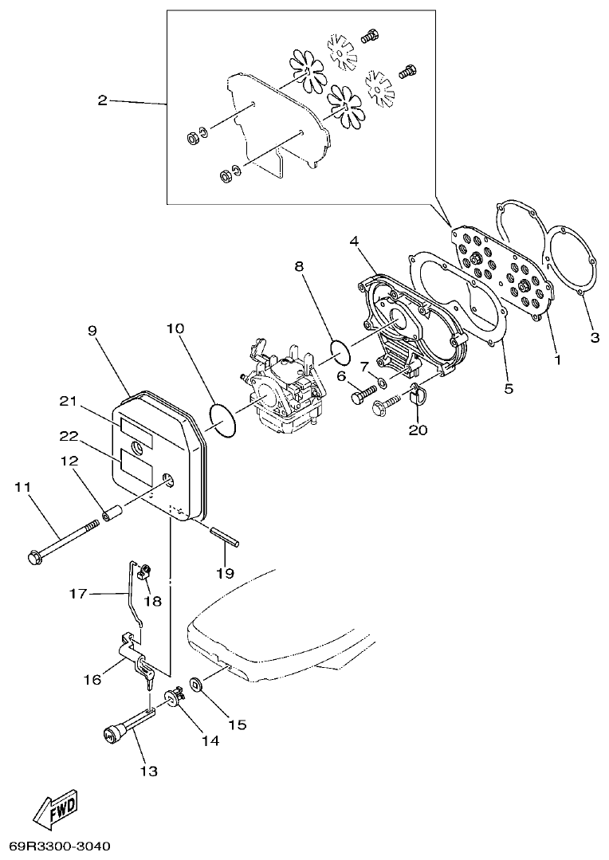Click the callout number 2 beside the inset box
coord(102,100)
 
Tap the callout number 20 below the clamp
coord(418,431)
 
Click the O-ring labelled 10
coord(223,421)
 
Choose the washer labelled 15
coord(196,684)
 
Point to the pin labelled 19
coord(224,535)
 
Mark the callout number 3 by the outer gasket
coord(595,338)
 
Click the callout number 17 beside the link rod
coord(77,593)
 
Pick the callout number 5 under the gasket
coord(509,389)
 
